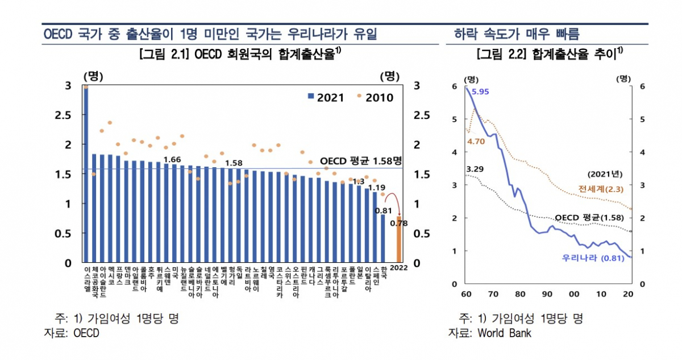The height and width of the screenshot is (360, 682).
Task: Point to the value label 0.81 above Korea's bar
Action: [x=381, y=210]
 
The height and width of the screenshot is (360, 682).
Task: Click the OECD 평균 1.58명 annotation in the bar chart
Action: [x=361, y=160]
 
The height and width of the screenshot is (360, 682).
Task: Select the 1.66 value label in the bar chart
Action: [x=171, y=159]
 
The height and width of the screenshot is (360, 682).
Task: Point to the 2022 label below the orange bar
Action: [x=399, y=268]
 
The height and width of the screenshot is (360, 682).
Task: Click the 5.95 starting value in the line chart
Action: [x=480, y=92]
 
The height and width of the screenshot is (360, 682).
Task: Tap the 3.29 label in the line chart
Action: [x=475, y=169]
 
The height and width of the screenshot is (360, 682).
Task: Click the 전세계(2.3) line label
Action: [x=600, y=188]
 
